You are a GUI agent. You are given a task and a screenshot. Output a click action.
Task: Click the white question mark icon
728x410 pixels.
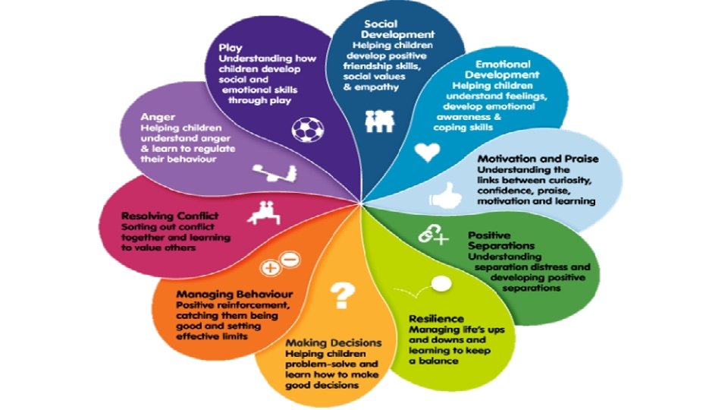(x=344, y=292)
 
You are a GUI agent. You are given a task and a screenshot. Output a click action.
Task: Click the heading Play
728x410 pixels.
(x=231, y=49)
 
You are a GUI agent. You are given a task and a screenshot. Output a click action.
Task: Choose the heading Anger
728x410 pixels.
(x=157, y=118)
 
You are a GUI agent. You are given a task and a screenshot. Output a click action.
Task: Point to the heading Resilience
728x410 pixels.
(x=436, y=319)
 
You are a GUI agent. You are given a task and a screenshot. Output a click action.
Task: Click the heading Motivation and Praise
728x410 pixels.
(x=538, y=159)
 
